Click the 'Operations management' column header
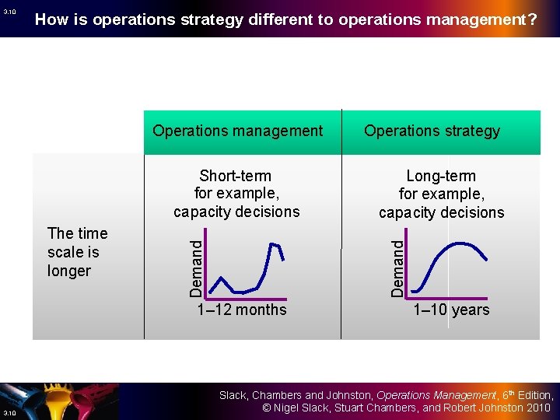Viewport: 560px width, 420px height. pyautogui.click(x=237, y=131)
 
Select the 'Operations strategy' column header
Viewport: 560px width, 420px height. pyautogui.click(x=432, y=131)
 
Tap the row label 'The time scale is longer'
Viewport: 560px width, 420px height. pyautogui.click(x=77, y=252)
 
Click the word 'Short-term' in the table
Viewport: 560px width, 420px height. pyautogui.click(x=235, y=176)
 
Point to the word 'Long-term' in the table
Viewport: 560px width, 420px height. pyautogui.click(x=441, y=177)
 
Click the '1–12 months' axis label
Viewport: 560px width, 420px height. pyautogui.click(x=242, y=310)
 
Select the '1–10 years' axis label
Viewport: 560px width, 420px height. pyautogui.click(x=451, y=310)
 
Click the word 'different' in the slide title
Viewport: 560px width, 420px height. pyautogui.click(x=279, y=19)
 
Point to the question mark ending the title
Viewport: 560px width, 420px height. pyautogui.click(x=532, y=19)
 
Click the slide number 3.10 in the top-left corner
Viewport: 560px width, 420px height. pyautogui.click(x=9, y=12)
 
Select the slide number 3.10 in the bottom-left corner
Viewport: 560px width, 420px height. pyautogui.click(x=9, y=412)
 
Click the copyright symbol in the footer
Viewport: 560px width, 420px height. pyautogui.click(x=266, y=408)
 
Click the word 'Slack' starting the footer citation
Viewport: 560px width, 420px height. pyautogui.click(x=233, y=395)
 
